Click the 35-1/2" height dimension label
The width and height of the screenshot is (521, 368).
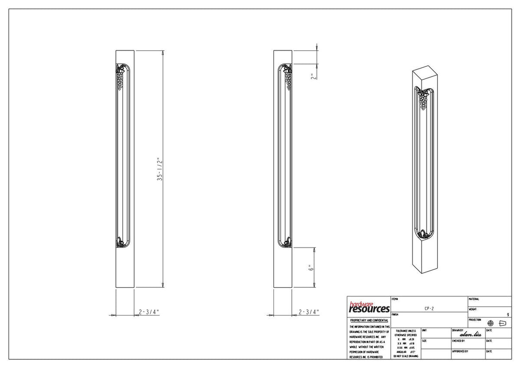(x=160, y=169)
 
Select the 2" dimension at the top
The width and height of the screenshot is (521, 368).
(x=312, y=76)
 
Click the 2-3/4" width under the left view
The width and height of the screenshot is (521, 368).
(x=149, y=312)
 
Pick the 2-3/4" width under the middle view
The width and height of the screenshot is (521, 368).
(x=309, y=312)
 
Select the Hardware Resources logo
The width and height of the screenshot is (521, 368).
(x=369, y=307)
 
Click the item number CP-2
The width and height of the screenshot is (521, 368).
(x=429, y=308)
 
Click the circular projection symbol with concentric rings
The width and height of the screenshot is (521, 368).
(x=491, y=323)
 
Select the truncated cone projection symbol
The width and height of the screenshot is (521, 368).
(x=503, y=323)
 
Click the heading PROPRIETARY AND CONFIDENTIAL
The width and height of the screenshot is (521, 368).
(x=369, y=320)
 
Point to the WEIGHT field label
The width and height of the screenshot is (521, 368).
(x=473, y=309)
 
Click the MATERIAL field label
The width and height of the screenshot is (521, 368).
(x=474, y=299)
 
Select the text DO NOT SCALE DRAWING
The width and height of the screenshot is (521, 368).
(x=406, y=356)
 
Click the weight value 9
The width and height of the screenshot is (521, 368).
(x=508, y=314)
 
